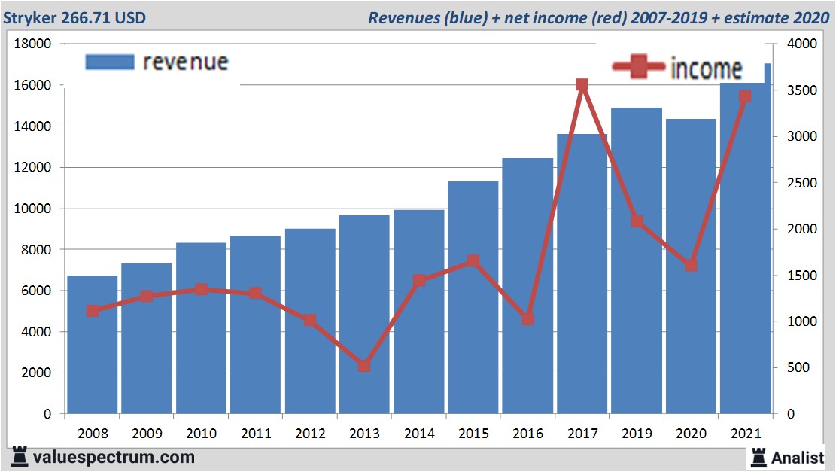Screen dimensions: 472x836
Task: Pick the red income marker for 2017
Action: [x=582, y=85]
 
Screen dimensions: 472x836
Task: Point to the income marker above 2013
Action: [x=364, y=366]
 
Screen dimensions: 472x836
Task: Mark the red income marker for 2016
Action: [x=527, y=319]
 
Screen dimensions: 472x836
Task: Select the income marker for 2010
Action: [x=201, y=289]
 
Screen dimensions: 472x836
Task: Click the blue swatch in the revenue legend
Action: [x=110, y=62]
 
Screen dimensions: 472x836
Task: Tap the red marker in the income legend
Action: [x=640, y=67]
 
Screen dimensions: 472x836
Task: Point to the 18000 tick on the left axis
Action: [x=33, y=44]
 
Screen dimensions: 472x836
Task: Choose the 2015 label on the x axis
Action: [x=473, y=434]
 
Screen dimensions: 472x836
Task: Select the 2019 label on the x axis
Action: [x=636, y=434]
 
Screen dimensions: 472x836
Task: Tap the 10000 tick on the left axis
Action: [x=33, y=209]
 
